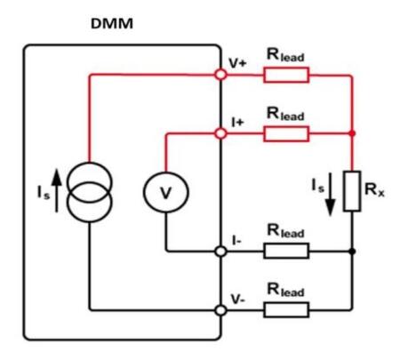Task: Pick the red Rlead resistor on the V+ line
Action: (285, 75)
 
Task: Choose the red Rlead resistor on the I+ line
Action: (285, 133)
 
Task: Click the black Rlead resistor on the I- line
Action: (285, 252)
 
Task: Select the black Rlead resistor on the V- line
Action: (285, 309)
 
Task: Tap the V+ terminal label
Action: (238, 63)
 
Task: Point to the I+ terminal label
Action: (236, 121)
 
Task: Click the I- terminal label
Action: (235, 239)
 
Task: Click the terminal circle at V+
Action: (220, 75)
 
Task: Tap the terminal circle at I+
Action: (220, 133)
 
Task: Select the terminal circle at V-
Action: (220, 309)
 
